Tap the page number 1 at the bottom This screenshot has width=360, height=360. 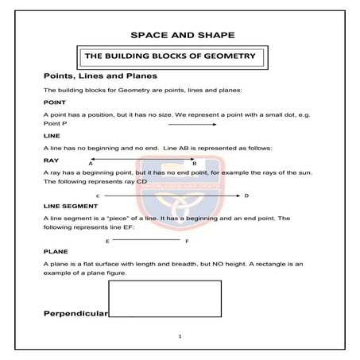180,336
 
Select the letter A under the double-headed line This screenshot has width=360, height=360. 91,163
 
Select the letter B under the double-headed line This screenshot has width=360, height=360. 195,163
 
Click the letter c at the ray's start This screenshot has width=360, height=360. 97,195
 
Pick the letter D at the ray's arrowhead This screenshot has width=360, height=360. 246,195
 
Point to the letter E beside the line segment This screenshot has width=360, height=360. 106,240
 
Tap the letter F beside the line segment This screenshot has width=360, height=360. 187,240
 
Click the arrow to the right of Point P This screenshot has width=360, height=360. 192,125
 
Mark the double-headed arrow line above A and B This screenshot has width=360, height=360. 143,159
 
